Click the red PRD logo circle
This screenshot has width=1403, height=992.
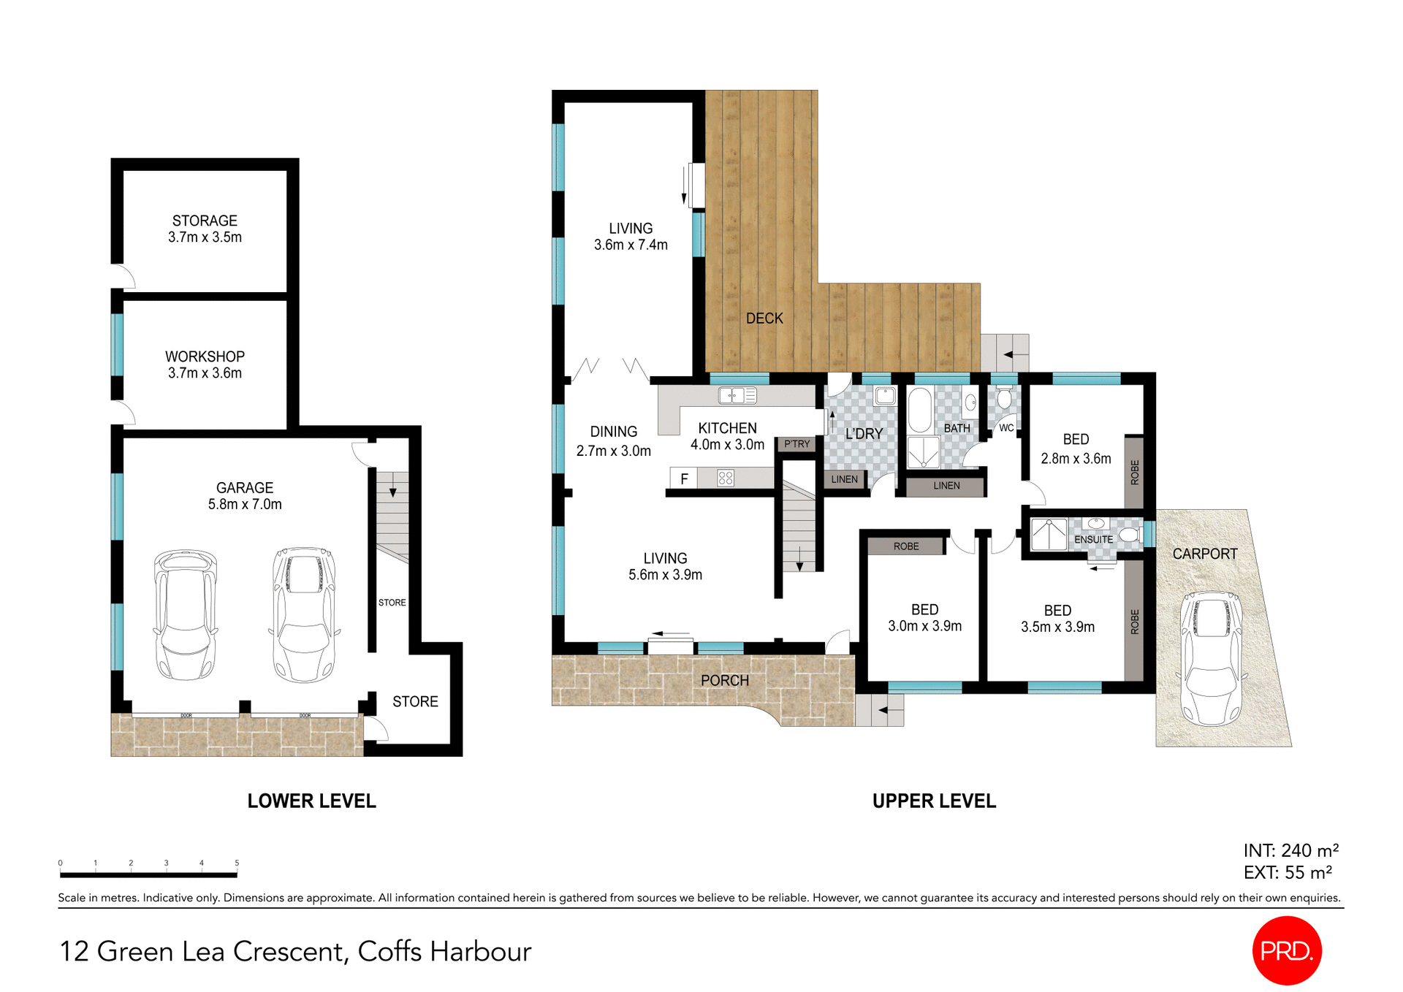[x=1287, y=950]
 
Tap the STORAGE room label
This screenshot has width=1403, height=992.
[x=205, y=221]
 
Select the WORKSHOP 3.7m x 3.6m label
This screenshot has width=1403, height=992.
[x=205, y=365]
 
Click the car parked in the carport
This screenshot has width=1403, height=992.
[x=1212, y=657]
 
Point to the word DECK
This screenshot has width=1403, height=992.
[x=764, y=318]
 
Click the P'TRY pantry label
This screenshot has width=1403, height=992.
[x=796, y=444]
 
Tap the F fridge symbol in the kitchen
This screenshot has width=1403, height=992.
[x=684, y=479]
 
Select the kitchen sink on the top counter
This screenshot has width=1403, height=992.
[x=737, y=396]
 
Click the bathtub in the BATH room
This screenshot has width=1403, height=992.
[x=919, y=410]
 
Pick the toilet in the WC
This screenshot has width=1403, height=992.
[x=1005, y=398]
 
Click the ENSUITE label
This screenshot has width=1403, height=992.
[x=1093, y=539]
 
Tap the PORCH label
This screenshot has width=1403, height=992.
[x=724, y=680]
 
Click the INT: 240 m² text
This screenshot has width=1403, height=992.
[x=1290, y=850]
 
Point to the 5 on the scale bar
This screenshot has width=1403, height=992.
[x=237, y=863]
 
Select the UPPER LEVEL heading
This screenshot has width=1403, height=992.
[x=934, y=801]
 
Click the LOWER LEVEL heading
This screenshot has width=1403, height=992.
[x=311, y=801]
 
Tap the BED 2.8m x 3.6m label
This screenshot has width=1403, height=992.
[x=1076, y=449]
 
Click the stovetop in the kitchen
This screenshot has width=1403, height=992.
[x=725, y=478]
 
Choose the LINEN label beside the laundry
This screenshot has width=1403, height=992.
[x=844, y=479]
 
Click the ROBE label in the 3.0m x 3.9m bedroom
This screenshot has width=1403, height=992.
[x=906, y=546]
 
